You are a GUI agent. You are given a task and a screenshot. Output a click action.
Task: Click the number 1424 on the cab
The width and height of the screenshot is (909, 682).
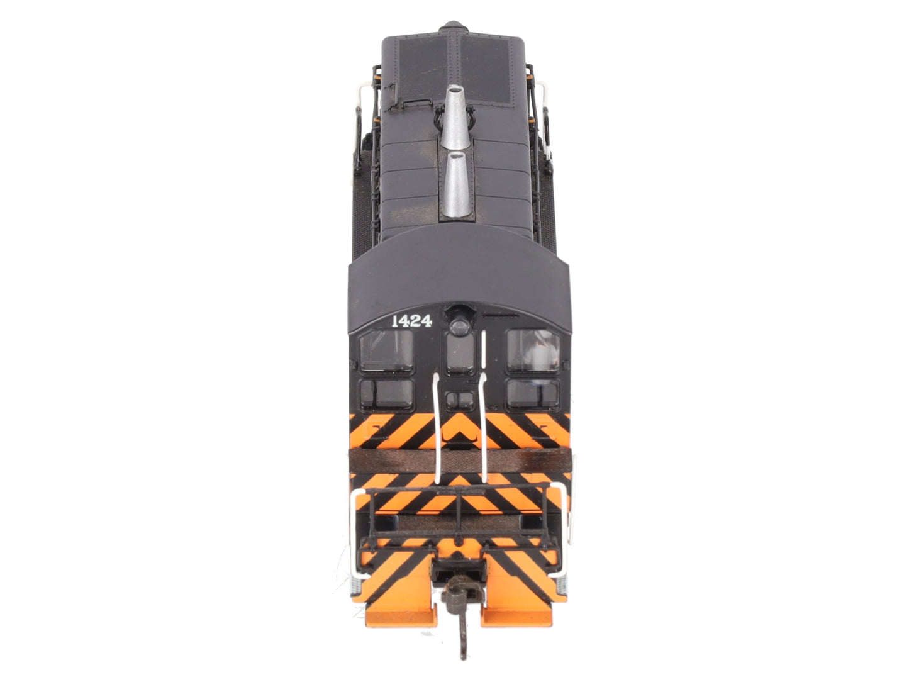coord(411,321)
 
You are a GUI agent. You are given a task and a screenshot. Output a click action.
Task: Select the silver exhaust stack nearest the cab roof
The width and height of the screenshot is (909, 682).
coord(456,184)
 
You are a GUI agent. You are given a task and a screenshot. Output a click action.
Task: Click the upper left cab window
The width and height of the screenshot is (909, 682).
coord(386,350)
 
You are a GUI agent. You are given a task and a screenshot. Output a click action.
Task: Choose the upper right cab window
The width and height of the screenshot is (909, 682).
coord(533,350)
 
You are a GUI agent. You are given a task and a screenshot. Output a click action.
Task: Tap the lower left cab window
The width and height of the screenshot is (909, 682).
coord(386,393)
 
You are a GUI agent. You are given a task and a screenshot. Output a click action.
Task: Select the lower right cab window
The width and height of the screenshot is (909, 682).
coord(533,393)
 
